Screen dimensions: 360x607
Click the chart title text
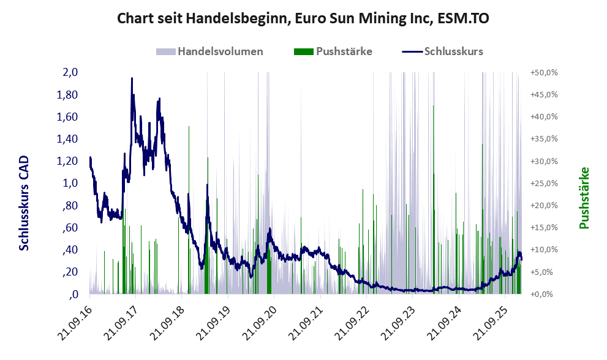[303, 18]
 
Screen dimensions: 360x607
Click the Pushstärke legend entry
[344, 51]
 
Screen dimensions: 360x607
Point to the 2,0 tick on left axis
[70, 72]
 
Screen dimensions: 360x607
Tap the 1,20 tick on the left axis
[68, 161]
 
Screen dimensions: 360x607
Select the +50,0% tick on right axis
[544, 72]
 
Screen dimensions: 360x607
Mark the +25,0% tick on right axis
[544, 183]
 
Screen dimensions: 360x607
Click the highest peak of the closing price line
[132, 78]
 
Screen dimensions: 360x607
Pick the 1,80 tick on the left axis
[68, 95]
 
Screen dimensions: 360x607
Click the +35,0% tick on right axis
[544, 139]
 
